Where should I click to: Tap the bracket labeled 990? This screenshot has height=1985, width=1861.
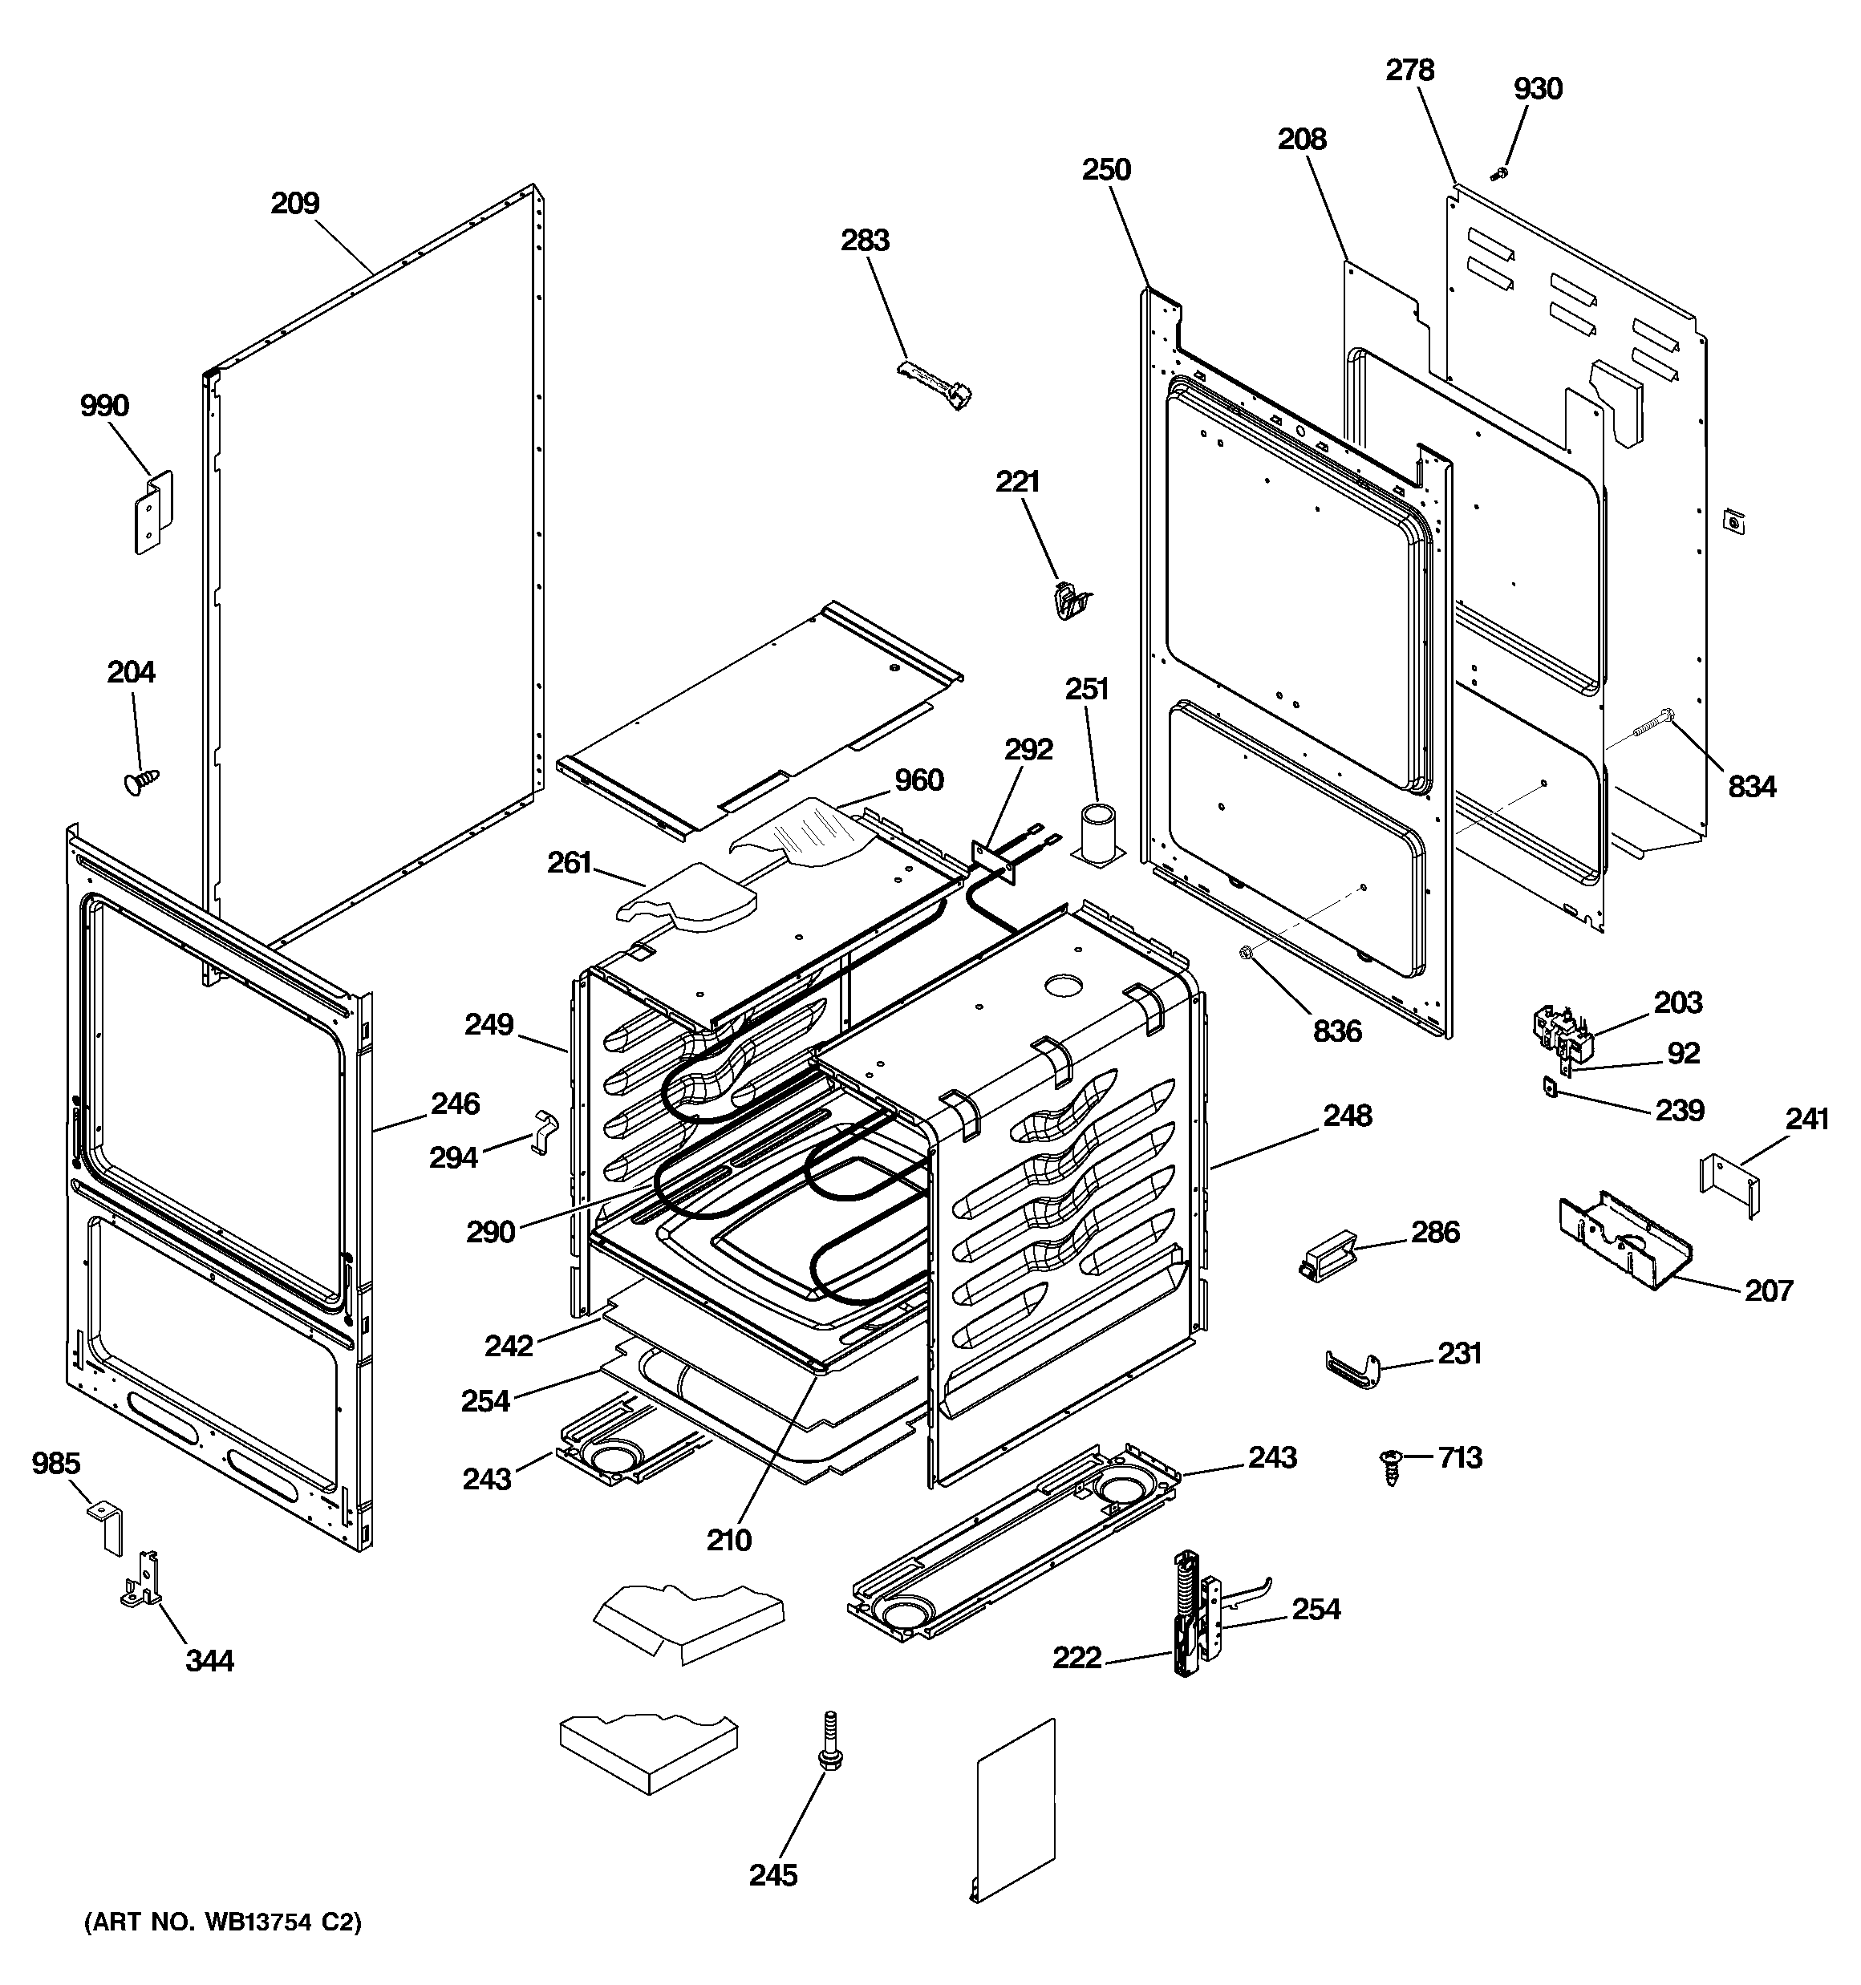(x=154, y=512)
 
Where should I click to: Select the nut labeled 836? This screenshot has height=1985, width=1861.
(x=1246, y=954)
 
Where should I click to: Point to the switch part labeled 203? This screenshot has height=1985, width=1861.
(x=1560, y=1031)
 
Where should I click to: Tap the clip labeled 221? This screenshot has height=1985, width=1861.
(x=1071, y=601)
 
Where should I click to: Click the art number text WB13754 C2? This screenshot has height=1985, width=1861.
(x=223, y=1921)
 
